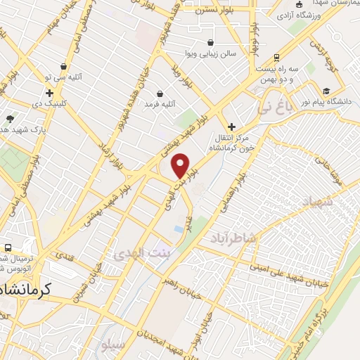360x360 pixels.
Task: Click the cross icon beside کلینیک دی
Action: pyautogui.click(x=49, y=93)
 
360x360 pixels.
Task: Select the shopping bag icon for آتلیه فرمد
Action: pyautogui.click(x=160, y=94)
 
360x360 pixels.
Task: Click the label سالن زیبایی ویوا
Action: pyautogui.click(x=210, y=53)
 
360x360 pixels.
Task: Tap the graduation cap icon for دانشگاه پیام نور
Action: pyautogui.click(x=326, y=91)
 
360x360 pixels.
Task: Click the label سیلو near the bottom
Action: pyautogui.click(x=112, y=347)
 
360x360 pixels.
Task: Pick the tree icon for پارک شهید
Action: pyautogui.click(x=9, y=120)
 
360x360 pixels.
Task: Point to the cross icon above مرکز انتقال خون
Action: pyautogui.click(x=231, y=127)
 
